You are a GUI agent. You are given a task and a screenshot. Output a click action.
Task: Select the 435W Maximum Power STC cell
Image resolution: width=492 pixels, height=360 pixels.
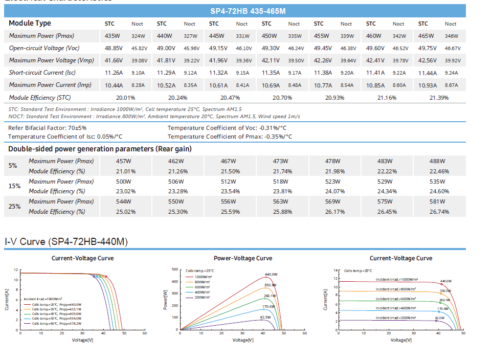[x=112, y=36]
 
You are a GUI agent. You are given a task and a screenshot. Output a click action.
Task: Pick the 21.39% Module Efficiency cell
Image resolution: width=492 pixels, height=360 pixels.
[x=438, y=98]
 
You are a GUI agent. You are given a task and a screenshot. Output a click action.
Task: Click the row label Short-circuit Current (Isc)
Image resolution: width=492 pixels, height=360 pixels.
[x=43, y=73]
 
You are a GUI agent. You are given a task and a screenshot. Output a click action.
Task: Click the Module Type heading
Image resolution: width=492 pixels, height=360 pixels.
[x=30, y=24]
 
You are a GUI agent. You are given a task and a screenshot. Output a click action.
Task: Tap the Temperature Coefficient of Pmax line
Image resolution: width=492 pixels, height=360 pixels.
[x=230, y=137]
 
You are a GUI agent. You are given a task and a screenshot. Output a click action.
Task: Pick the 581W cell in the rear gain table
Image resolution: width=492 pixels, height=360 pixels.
[x=438, y=201]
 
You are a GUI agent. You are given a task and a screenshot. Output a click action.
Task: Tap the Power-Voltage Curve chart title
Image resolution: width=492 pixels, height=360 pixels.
[x=243, y=258]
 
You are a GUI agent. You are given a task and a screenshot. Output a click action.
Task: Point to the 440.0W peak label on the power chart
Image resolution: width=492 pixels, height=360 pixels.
[x=271, y=275]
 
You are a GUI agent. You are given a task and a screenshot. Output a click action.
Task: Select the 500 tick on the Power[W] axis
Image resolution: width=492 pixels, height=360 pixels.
[x=175, y=269]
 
